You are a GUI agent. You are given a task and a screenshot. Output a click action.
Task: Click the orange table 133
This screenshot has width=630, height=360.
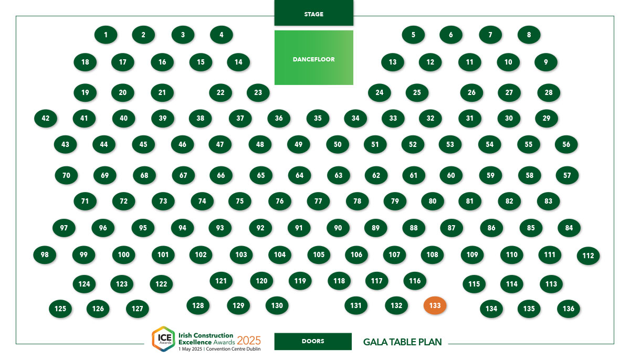(x=435, y=305)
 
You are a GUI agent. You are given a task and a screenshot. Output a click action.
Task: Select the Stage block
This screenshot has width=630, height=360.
(x=314, y=13)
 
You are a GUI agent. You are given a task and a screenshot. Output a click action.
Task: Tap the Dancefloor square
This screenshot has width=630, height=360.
(x=314, y=58)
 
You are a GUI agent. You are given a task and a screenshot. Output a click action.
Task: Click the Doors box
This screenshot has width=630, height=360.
(x=313, y=342)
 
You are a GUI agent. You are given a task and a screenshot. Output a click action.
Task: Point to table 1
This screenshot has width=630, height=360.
(x=106, y=35)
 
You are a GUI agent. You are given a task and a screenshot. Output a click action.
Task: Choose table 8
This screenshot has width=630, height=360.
(x=529, y=35)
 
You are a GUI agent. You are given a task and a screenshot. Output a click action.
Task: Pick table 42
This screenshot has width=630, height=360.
(x=46, y=118)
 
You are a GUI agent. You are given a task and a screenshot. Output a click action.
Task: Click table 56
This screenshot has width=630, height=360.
(x=566, y=144)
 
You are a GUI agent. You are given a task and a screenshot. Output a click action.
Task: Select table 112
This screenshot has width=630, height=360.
(x=589, y=256)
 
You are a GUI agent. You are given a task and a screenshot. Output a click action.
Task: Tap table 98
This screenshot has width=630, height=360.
(x=45, y=255)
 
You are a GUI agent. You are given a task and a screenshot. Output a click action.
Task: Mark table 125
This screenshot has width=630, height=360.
(x=60, y=309)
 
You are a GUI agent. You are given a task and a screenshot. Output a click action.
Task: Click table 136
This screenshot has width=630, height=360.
(x=569, y=309)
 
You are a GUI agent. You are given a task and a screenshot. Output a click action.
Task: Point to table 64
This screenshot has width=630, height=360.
(x=300, y=175)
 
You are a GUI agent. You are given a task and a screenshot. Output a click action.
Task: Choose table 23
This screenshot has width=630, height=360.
(x=258, y=92)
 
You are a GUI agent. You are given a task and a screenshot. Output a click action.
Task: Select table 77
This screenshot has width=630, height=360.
(x=318, y=201)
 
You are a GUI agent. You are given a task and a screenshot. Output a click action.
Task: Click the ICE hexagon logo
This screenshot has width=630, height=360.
(x=164, y=338)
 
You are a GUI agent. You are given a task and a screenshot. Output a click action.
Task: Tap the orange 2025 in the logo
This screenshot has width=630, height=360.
(x=249, y=341)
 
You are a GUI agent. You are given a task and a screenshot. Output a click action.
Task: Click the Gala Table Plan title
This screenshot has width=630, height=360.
(x=403, y=342)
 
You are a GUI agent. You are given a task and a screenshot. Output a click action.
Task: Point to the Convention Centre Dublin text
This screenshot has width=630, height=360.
(x=234, y=349)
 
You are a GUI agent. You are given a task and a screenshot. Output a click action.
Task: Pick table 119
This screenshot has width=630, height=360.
(x=300, y=281)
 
